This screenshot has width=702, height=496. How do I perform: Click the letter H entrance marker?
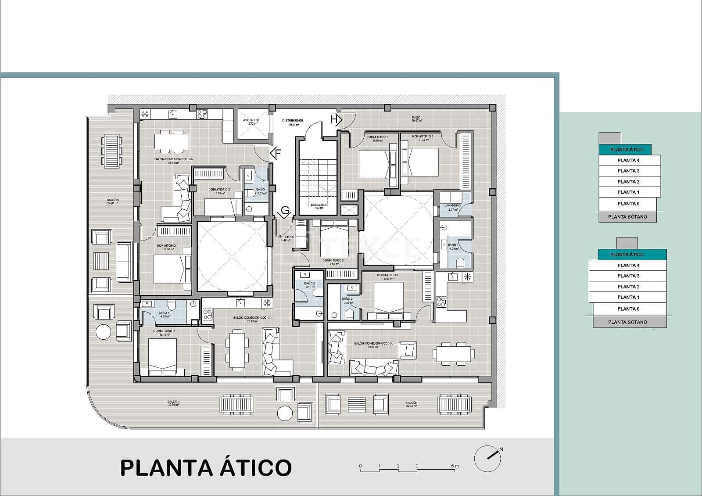[336, 119]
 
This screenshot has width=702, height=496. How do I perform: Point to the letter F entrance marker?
[276, 154]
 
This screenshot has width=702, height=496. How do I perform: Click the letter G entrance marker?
[285, 212]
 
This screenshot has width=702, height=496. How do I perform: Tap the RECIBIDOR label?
[285, 238]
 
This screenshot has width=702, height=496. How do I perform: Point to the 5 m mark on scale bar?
[455, 466]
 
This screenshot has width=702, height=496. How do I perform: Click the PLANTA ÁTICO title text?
[206, 468]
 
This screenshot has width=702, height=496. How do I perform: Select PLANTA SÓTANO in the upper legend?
[627, 217]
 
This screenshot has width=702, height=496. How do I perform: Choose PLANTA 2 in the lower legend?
[628, 287]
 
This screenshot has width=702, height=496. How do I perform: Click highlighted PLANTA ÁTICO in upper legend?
[627, 150]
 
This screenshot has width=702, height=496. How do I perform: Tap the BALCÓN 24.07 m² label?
[113, 201]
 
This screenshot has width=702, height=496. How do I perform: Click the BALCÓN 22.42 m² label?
[411, 404]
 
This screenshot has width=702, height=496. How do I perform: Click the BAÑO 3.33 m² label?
[261, 191]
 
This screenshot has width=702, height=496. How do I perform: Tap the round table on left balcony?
[104, 331]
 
